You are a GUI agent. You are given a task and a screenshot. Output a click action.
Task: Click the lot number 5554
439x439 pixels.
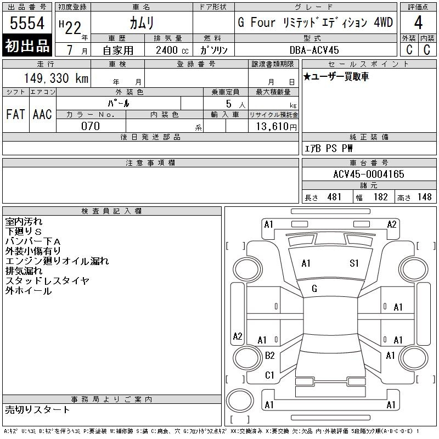pyautogui.click(x=27, y=24)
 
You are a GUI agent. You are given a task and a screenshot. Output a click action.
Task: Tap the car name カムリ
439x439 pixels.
pyautogui.click(x=141, y=23)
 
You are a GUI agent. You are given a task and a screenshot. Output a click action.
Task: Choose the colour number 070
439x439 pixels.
pyautogui.click(x=91, y=126)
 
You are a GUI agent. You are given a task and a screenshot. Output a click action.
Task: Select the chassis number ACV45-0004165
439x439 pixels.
pyautogui.click(x=368, y=175)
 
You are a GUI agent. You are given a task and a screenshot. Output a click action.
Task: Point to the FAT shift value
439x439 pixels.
pyautogui.click(x=16, y=115)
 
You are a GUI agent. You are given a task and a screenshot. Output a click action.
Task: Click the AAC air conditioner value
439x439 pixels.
pyautogui.click(x=42, y=115)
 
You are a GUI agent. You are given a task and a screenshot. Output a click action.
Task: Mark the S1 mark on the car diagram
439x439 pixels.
pyautogui.click(x=354, y=263)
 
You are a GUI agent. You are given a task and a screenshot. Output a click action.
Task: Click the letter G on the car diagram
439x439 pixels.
pyautogui.click(x=314, y=289)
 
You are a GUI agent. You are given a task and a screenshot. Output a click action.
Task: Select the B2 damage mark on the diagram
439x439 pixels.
pyautogui.click(x=269, y=356)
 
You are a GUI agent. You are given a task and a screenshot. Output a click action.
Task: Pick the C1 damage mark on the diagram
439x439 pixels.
pyautogui.click(x=269, y=375)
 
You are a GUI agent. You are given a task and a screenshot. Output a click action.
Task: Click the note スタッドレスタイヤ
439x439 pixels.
pyautogui.click(x=47, y=281)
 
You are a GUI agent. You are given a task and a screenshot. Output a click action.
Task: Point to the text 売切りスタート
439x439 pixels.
pyautogui.click(x=37, y=409)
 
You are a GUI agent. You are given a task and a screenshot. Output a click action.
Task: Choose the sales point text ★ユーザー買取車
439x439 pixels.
pyautogui.click(x=336, y=77)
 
